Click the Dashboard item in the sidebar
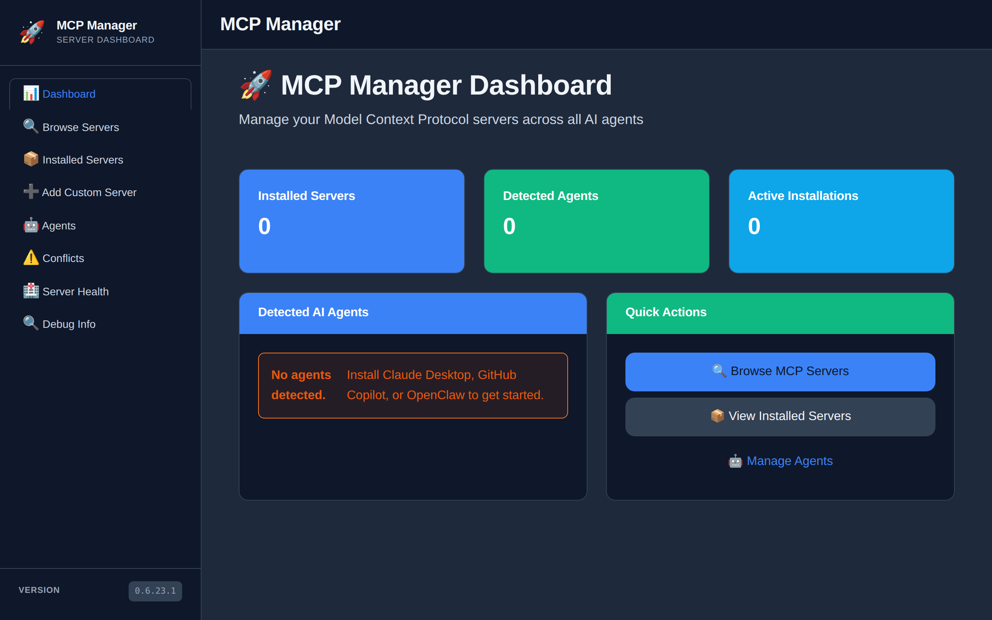coord(100,94)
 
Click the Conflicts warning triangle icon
coord(31,258)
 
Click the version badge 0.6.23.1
coord(155,591)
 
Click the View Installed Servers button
coord(780,417)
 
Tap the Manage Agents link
coord(780,461)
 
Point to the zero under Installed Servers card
coord(264,226)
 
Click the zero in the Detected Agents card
coord(509,226)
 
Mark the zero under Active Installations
coord(754,226)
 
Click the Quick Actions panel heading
coord(666,312)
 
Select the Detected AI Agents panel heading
coord(313,312)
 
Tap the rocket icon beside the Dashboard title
coord(256,85)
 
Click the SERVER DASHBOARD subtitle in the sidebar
coord(105,40)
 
